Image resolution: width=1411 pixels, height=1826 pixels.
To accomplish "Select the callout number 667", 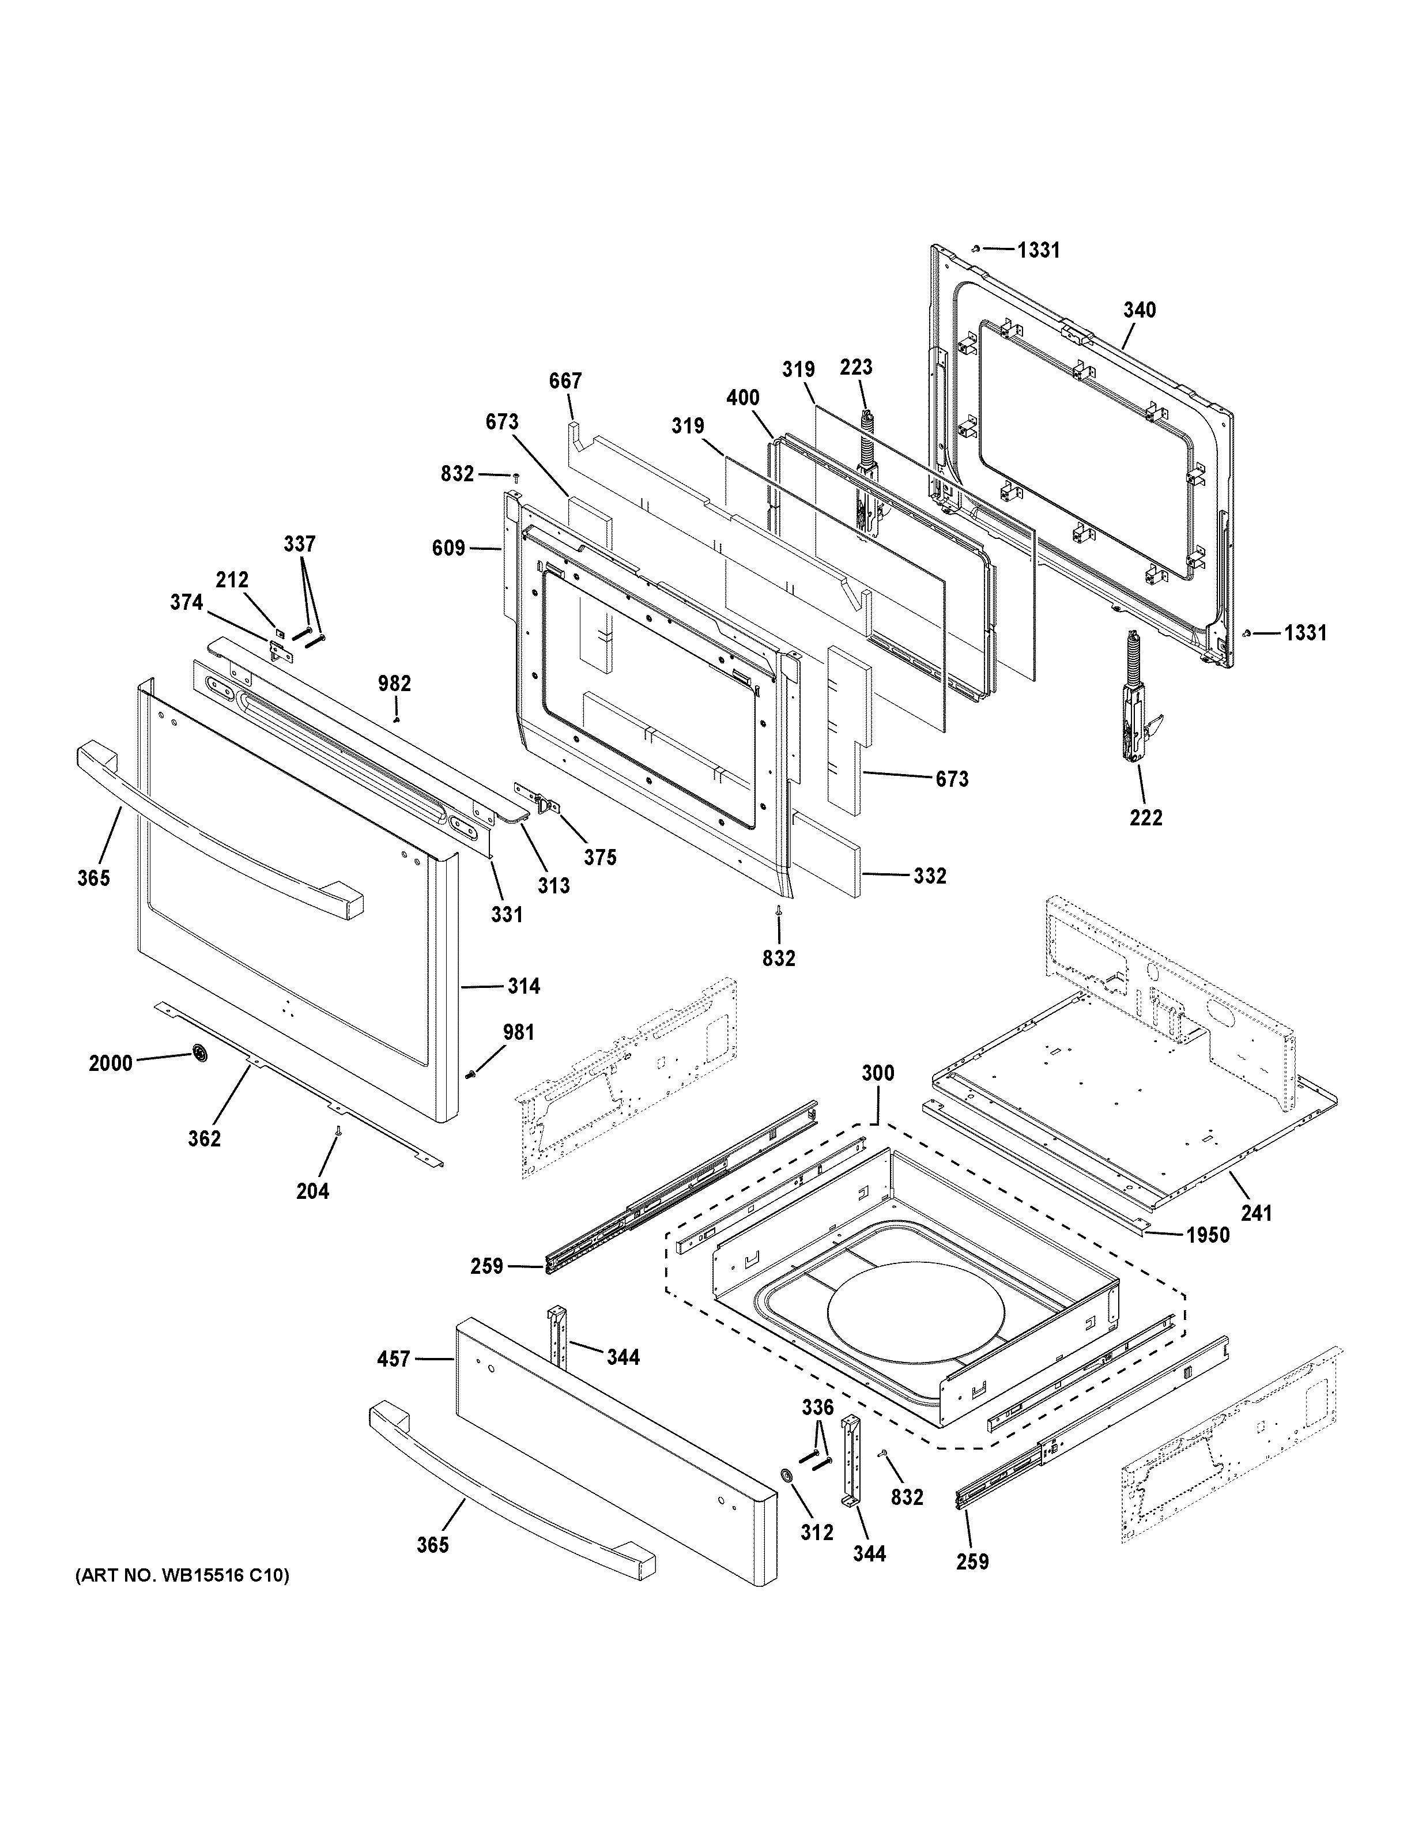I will [x=565, y=381].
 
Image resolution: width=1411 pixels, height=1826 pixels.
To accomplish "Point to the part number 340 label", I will [x=1140, y=310].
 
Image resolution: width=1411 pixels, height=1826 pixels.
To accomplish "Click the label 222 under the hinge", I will [x=1145, y=818].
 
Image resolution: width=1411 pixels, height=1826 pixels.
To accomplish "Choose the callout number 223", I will [x=856, y=367].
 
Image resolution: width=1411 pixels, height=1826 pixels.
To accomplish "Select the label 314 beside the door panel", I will [x=523, y=987].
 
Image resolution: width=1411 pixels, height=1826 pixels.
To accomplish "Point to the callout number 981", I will [x=518, y=1032].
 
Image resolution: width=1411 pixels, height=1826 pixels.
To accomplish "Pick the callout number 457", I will [x=394, y=1360].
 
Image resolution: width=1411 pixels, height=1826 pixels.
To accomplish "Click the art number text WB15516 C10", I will [x=182, y=1576].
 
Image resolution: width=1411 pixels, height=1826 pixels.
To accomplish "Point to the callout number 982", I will [x=395, y=684].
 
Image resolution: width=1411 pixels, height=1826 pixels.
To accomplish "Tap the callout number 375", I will [x=600, y=857].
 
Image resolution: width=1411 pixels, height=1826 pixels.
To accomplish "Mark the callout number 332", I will [x=930, y=876].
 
